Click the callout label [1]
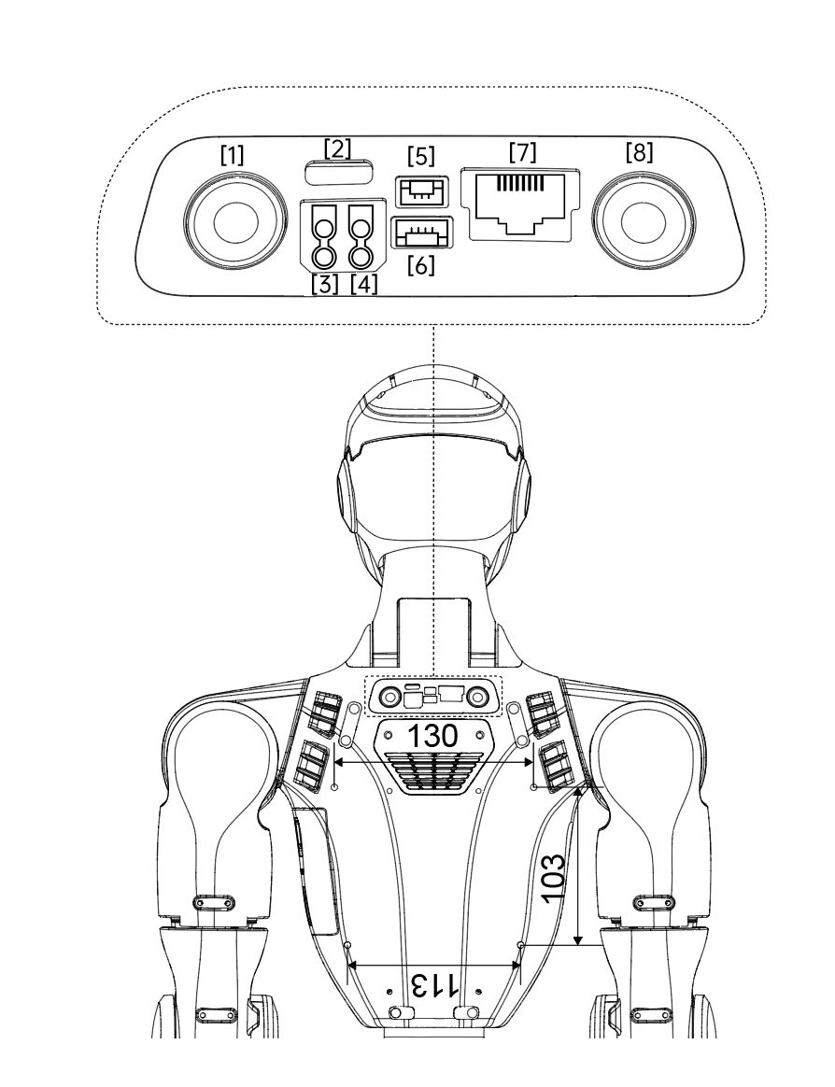232,155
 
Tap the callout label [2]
337,148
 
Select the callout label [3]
325,284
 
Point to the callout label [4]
364,284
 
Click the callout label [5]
421,156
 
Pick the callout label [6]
421,265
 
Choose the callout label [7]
522,152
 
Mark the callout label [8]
640,152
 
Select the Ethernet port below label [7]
525,205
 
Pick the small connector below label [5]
421,191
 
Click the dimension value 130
432,736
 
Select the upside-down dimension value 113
434,984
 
